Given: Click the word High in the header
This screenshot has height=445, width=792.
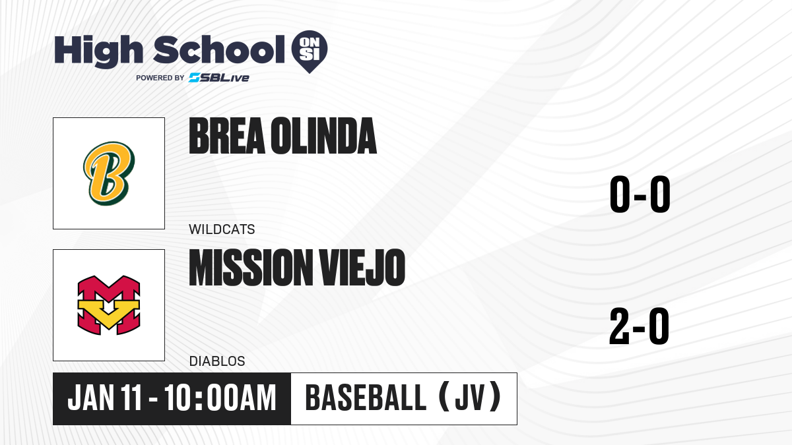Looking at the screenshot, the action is point(98,51).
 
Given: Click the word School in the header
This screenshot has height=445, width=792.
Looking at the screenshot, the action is point(219,49).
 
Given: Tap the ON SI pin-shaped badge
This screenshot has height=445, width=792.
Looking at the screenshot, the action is point(310,51).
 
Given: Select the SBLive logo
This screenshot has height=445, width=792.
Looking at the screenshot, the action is point(219,78).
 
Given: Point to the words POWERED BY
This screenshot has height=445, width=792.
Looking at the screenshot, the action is point(160,78).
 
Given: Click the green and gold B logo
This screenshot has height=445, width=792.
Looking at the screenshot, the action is point(109,173).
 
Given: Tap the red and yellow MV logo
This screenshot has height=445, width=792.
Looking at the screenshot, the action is point(109,305).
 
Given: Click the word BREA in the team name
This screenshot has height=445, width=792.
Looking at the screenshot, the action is point(227,136).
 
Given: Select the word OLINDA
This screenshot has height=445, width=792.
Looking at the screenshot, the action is point(323,136).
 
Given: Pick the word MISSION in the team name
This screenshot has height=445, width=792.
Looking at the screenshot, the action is point(251,268).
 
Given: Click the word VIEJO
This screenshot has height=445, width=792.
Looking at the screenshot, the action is point(362,268).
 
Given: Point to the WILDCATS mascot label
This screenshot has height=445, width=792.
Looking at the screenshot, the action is point(222,229).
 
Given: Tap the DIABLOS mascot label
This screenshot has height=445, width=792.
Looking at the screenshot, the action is point(217,361).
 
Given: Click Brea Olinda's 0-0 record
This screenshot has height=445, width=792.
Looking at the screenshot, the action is point(640,194).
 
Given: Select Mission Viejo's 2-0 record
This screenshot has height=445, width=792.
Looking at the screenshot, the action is point(640,326).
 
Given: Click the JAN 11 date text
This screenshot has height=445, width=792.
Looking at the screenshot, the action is point(105,398).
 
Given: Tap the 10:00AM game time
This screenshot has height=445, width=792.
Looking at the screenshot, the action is point(220,398).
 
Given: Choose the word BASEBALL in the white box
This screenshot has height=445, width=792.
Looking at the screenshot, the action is point(366,398).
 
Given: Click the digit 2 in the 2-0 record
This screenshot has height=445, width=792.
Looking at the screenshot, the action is point(620,326).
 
